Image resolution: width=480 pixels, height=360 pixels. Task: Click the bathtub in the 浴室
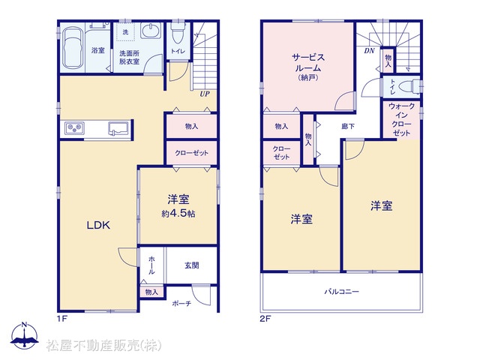[x=72, y=48]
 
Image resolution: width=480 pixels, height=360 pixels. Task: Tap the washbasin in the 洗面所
[x=151, y=31]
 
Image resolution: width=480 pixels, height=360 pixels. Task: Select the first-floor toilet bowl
[x=177, y=34]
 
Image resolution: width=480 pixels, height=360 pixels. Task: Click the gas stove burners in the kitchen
[x=75, y=128]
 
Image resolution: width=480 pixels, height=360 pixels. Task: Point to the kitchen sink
[x=118, y=128]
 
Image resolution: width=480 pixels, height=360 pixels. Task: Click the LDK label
[x=98, y=226]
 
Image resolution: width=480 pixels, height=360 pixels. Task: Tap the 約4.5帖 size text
[x=178, y=214]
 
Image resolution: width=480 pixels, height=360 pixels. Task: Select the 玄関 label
[x=192, y=265]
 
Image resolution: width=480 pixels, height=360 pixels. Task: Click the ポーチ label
[x=181, y=303]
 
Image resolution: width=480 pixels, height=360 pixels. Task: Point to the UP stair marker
[x=205, y=94]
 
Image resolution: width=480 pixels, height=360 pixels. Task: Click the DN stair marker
[x=369, y=51]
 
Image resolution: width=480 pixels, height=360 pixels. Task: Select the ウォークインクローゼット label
[x=401, y=120]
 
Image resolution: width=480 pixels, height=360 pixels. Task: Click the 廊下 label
[x=348, y=126]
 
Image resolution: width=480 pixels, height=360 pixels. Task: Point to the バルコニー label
[x=342, y=292]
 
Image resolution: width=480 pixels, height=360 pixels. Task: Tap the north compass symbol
[x=25, y=336]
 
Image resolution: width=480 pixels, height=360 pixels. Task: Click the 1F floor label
[x=61, y=319]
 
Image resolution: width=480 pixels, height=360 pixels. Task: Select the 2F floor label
[x=265, y=319]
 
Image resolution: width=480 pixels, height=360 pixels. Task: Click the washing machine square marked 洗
[x=126, y=31]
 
